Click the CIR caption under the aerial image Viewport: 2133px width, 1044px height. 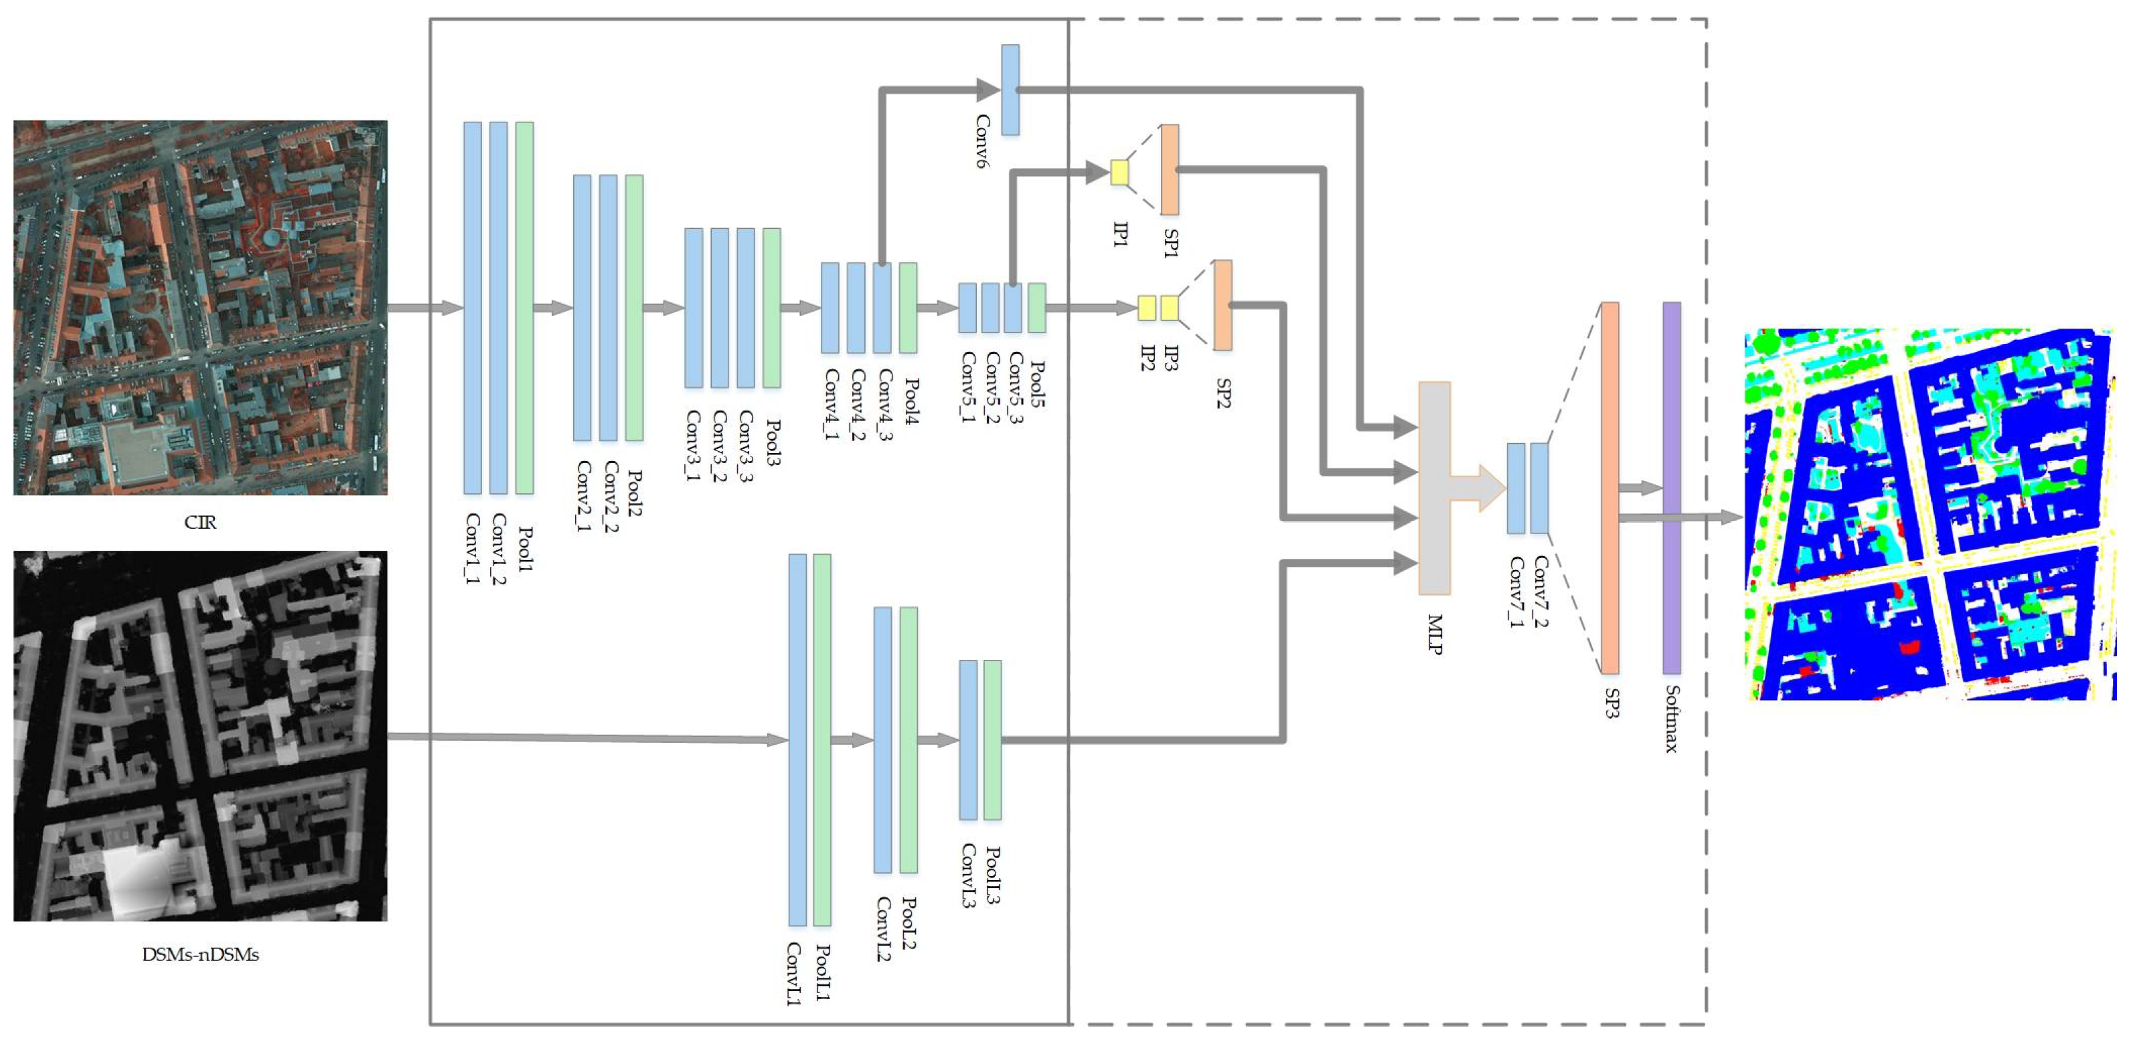pyautogui.click(x=200, y=523)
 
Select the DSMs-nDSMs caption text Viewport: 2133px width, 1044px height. pyautogui.click(x=200, y=954)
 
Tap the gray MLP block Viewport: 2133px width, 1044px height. pyautogui.click(x=1435, y=489)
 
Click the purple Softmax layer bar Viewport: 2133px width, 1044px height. pyautogui.click(x=1672, y=488)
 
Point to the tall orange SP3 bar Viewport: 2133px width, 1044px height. pyautogui.click(x=1609, y=488)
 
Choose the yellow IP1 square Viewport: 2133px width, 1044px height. pyautogui.click(x=1119, y=172)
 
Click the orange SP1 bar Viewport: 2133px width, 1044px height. pyautogui.click(x=1169, y=170)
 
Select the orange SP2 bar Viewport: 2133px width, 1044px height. pyautogui.click(x=1222, y=304)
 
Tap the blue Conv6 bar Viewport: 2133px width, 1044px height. pyautogui.click(x=1010, y=90)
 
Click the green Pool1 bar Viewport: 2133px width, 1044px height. pyautogui.click(x=524, y=308)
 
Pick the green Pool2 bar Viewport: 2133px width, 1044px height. pyautogui.click(x=634, y=308)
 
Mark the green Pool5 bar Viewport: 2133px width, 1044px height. pyautogui.click(x=1036, y=308)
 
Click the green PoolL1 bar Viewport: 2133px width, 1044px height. pyautogui.click(x=822, y=739)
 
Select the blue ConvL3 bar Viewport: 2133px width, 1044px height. pyautogui.click(x=968, y=739)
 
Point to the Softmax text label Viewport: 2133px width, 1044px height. pyautogui.click(x=1672, y=719)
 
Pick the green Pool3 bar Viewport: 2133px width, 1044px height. pyautogui.click(x=771, y=308)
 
